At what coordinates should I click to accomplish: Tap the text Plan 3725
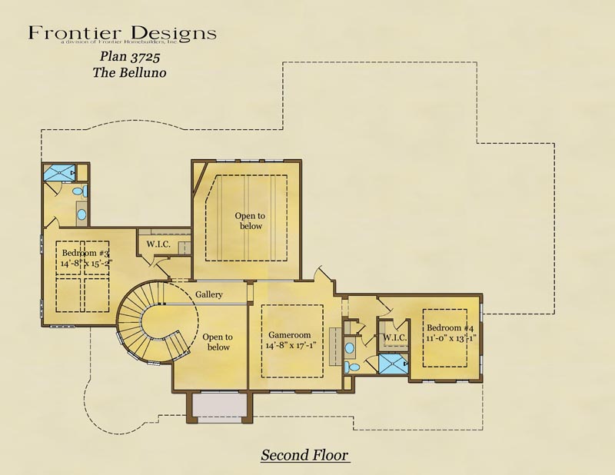[x=130, y=56]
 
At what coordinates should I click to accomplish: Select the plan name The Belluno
[x=129, y=72]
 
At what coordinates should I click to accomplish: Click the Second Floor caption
[x=304, y=455]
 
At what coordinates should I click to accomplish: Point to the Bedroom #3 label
[x=85, y=253]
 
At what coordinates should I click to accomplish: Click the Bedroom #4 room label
[x=450, y=327]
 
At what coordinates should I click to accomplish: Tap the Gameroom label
[x=290, y=335]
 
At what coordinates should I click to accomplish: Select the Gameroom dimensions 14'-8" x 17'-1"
[x=291, y=346]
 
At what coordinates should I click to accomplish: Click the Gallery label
[x=209, y=294]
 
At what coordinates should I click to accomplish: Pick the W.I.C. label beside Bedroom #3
[x=158, y=244]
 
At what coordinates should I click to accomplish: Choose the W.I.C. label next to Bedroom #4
[x=394, y=337]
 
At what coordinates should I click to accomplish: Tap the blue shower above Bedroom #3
[x=59, y=173]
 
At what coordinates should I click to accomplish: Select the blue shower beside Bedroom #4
[x=393, y=364]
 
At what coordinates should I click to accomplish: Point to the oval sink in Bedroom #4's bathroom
[x=350, y=348]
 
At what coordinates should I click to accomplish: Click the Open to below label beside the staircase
[x=218, y=342]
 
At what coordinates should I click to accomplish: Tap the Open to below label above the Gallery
[x=251, y=221]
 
